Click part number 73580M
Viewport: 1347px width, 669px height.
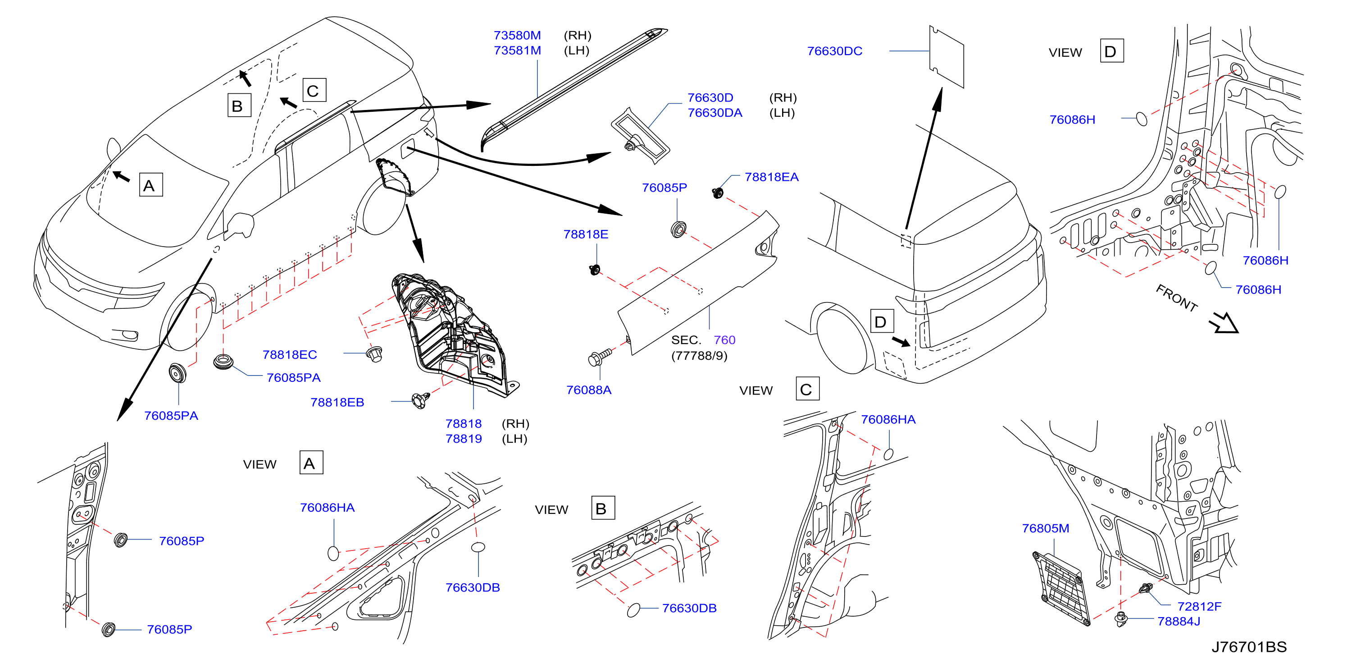coord(517,36)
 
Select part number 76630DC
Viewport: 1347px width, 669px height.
coord(834,51)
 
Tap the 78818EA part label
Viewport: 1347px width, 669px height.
coord(771,177)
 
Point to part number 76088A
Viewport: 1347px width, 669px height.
coord(588,389)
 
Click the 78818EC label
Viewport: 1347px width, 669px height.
coord(289,355)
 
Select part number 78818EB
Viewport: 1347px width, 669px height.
coord(337,402)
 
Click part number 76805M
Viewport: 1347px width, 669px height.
coord(1045,528)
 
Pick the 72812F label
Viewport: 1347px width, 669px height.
coord(1199,606)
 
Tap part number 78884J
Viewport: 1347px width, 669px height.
coord(1179,621)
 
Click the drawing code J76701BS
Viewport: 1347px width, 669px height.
coord(1249,647)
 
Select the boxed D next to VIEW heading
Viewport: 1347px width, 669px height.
coord(1112,51)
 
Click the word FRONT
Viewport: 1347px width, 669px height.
coord(1177,298)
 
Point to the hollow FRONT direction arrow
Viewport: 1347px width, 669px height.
coord(1224,323)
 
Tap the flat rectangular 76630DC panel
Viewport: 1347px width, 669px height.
coord(947,56)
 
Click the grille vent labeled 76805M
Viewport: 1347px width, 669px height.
coord(1061,588)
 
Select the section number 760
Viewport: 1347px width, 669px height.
coord(724,340)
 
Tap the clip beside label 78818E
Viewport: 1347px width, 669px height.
coord(595,270)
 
